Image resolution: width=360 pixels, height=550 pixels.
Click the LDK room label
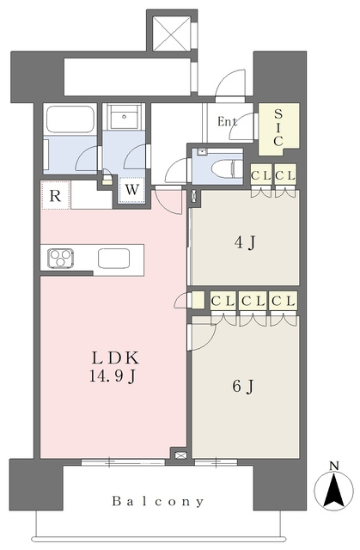point(116,357)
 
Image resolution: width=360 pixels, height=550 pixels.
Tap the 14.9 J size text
point(113,376)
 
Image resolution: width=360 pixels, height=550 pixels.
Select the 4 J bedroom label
point(245,242)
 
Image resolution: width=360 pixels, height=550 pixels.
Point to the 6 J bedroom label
point(243,387)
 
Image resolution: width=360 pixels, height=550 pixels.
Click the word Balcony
point(158,501)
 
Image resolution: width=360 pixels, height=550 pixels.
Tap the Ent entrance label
point(227,121)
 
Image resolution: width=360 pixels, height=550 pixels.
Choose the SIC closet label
point(278,127)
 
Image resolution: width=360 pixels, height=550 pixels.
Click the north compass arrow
point(333,490)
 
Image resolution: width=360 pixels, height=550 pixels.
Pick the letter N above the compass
point(334,466)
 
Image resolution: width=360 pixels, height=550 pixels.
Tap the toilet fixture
point(228,168)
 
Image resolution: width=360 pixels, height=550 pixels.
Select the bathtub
point(70,119)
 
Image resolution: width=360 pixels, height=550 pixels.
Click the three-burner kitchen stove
point(61,258)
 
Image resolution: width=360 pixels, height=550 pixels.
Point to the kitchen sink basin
point(114,258)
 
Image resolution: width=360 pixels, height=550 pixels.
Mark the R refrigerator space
point(55,195)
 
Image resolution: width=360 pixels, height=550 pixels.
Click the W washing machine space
point(131,190)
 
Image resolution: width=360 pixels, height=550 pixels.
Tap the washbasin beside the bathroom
point(124,116)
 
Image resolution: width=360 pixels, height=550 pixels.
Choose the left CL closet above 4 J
point(261,175)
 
